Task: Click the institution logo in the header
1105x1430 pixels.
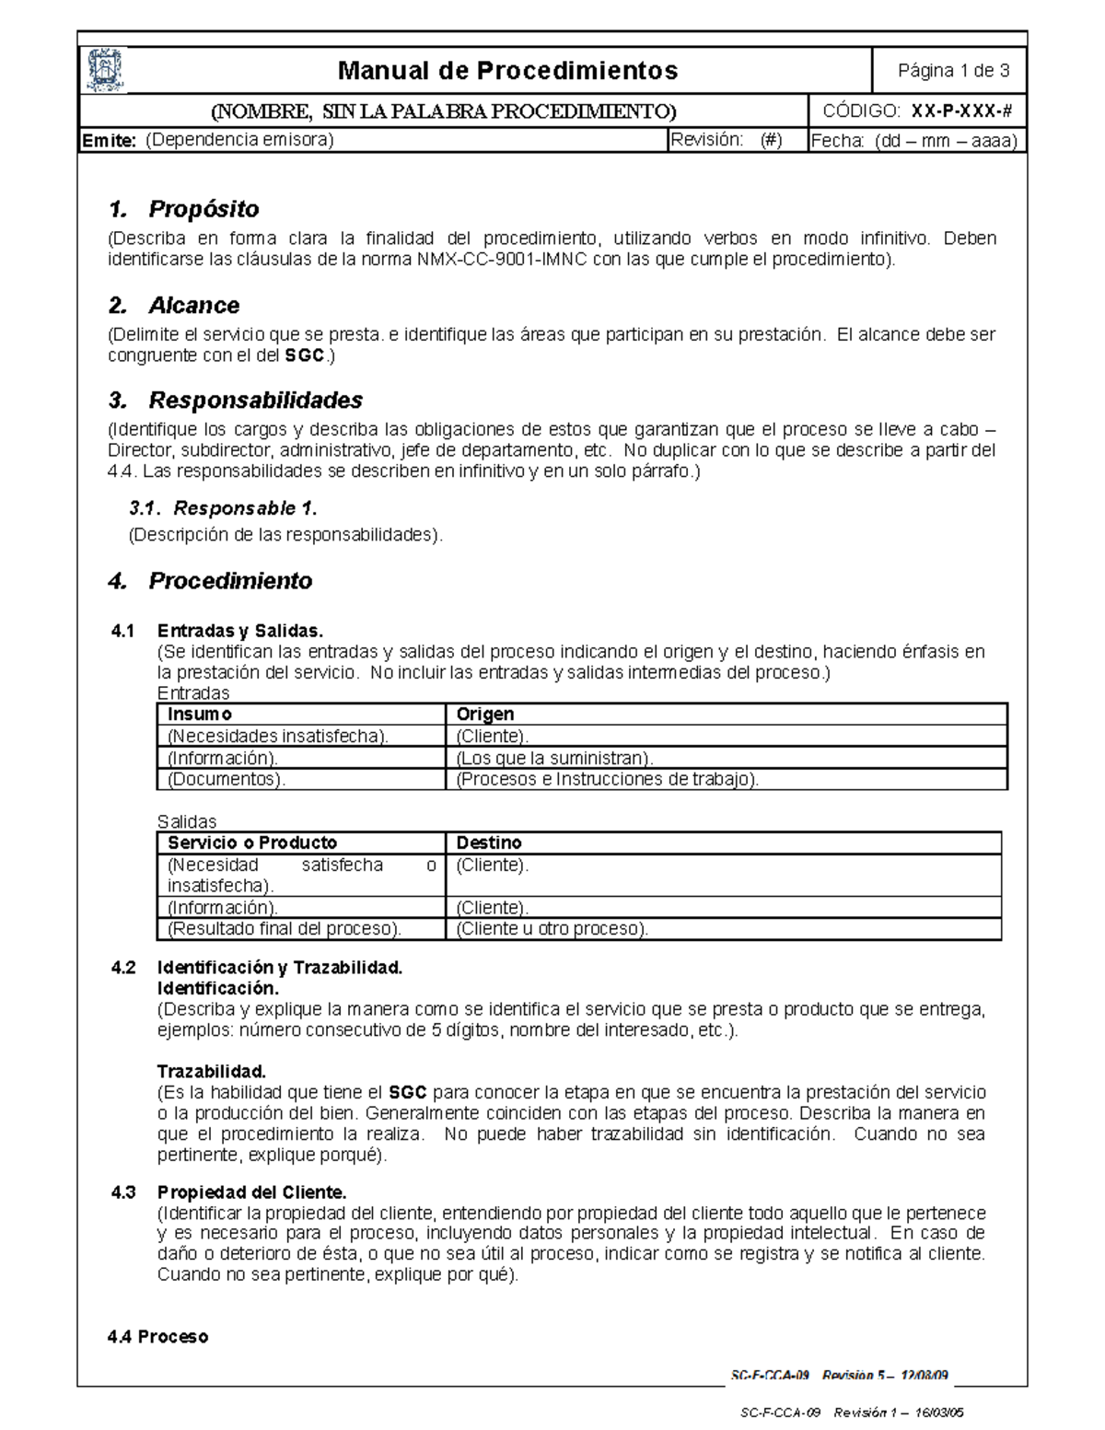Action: (x=105, y=70)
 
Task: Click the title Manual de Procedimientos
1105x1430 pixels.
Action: (x=507, y=70)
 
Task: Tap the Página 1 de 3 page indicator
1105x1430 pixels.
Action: (x=953, y=71)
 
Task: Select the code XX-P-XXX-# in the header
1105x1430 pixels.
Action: (x=961, y=111)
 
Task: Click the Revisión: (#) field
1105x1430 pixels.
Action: (x=727, y=140)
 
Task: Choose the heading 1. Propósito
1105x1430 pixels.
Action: (x=183, y=209)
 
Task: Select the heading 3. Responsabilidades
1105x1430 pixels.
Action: (x=235, y=400)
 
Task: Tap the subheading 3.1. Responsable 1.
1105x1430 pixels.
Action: (x=223, y=508)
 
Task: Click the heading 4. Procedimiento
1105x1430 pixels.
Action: (x=210, y=581)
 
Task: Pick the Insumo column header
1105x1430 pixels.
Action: (x=200, y=714)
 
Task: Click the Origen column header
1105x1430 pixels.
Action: (x=485, y=714)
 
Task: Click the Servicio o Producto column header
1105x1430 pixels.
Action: (x=252, y=843)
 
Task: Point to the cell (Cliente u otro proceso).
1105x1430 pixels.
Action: (x=552, y=928)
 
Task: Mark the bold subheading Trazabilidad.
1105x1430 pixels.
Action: (x=211, y=1072)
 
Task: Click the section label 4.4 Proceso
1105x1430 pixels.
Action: (x=157, y=1336)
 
